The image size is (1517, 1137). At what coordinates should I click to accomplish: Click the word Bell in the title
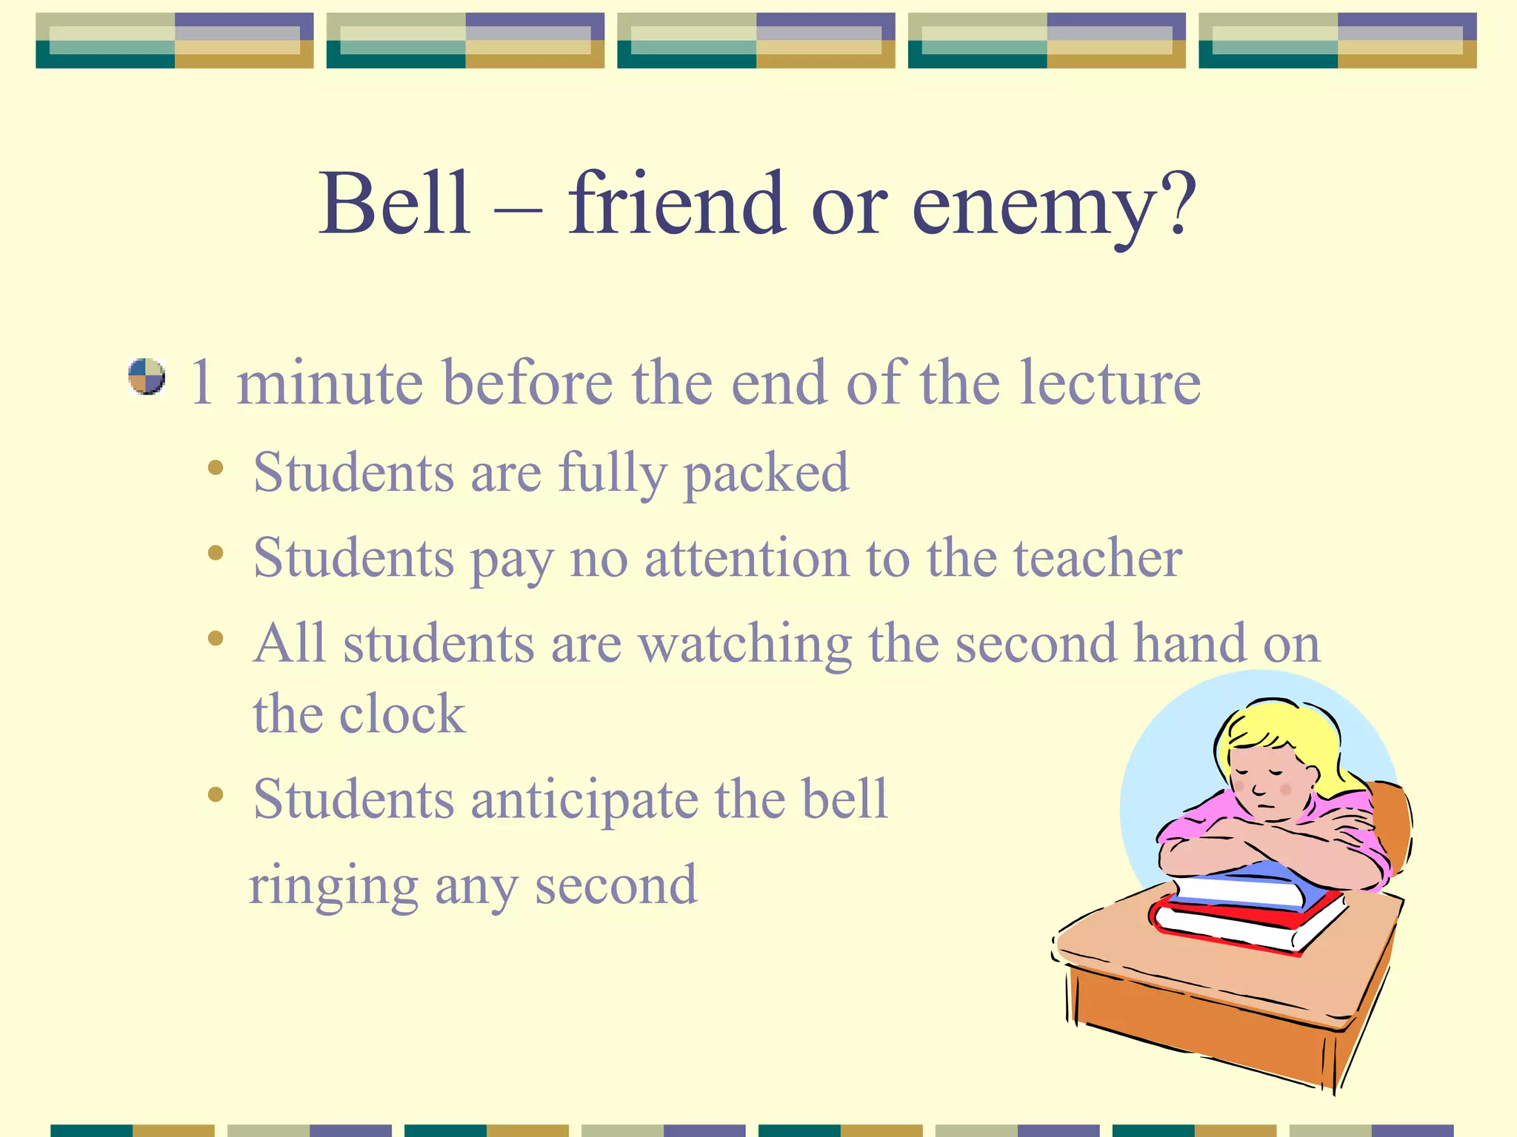click(x=394, y=203)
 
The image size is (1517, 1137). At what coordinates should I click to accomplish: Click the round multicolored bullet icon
click(x=146, y=377)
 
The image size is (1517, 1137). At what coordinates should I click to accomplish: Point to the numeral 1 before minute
click(x=201, y=383)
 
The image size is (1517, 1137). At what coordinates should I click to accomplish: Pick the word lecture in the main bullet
click(x=1110, y=383)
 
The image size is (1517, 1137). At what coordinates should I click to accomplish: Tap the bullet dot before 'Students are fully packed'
click(x=216, y=467)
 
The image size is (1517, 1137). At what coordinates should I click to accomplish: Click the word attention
click(x=747, y=559)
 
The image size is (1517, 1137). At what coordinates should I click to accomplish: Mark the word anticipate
click(x=584, y=801)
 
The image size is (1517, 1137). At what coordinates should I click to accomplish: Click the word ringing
click(x=333, y=886)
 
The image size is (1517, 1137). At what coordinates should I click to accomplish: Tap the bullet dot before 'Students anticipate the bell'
click(x=216, y=795)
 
